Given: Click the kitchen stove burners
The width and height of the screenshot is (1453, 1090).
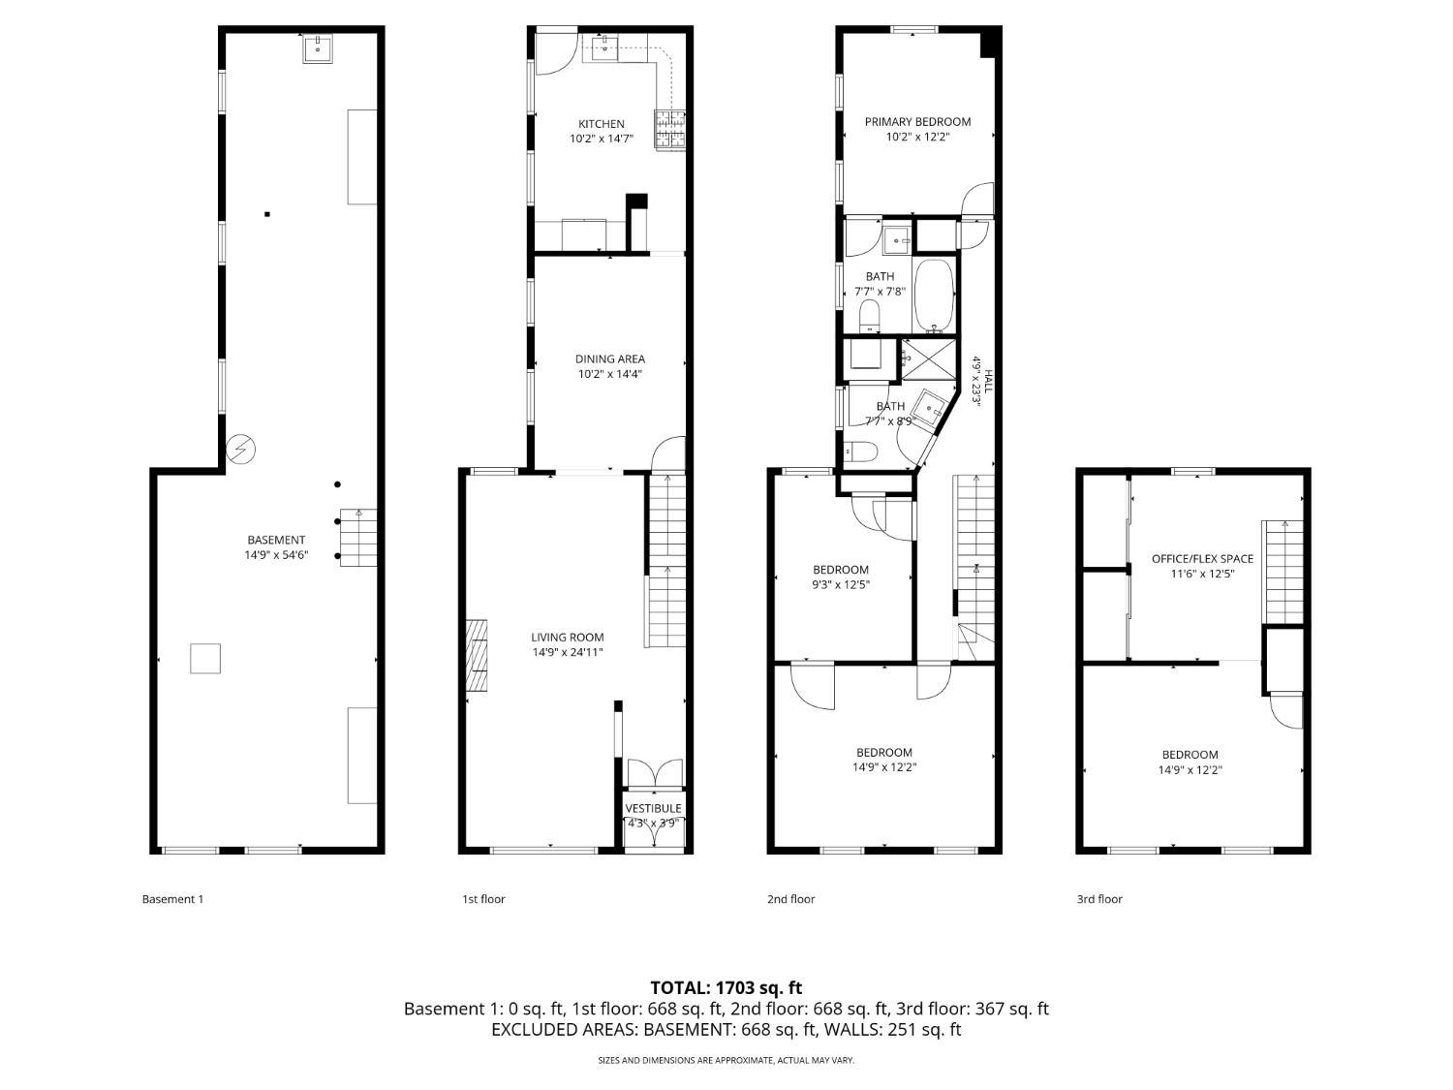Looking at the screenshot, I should coord(670,130).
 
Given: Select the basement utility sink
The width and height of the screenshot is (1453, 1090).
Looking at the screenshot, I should coord(318,47).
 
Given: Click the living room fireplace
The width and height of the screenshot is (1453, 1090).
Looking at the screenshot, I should coord(478,656).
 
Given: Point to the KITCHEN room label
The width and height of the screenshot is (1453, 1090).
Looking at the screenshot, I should coord(602,124).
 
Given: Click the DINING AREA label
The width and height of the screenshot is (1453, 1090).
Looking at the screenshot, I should coord(609,358).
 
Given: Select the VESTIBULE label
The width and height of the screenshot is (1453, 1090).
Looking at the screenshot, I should coord(653,808).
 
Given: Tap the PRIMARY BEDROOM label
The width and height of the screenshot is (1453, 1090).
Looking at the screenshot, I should coord(917,122).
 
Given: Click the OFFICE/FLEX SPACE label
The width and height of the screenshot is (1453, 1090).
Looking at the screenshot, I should coord(1202,559).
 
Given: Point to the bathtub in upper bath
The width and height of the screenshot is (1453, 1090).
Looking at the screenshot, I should coord(935,296).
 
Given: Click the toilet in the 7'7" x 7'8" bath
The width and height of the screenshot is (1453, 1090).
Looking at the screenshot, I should coord(869,315).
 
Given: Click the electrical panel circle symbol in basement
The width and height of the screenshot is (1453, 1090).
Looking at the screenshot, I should coord(240,450).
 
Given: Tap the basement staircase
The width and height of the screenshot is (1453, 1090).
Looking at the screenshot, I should coord(357,538).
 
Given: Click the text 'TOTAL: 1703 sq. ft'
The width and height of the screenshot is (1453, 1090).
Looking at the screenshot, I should coord(726,988).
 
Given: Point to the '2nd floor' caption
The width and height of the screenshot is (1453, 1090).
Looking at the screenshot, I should coord(790,899).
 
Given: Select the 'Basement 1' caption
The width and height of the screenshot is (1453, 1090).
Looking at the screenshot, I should coord(172,899).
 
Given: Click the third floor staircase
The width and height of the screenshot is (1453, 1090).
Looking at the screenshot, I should coord(1283,572).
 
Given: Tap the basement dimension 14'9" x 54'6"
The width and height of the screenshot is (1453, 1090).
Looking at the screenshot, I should coord(276,555).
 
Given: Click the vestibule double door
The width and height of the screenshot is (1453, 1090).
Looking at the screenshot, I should coord(655,772).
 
